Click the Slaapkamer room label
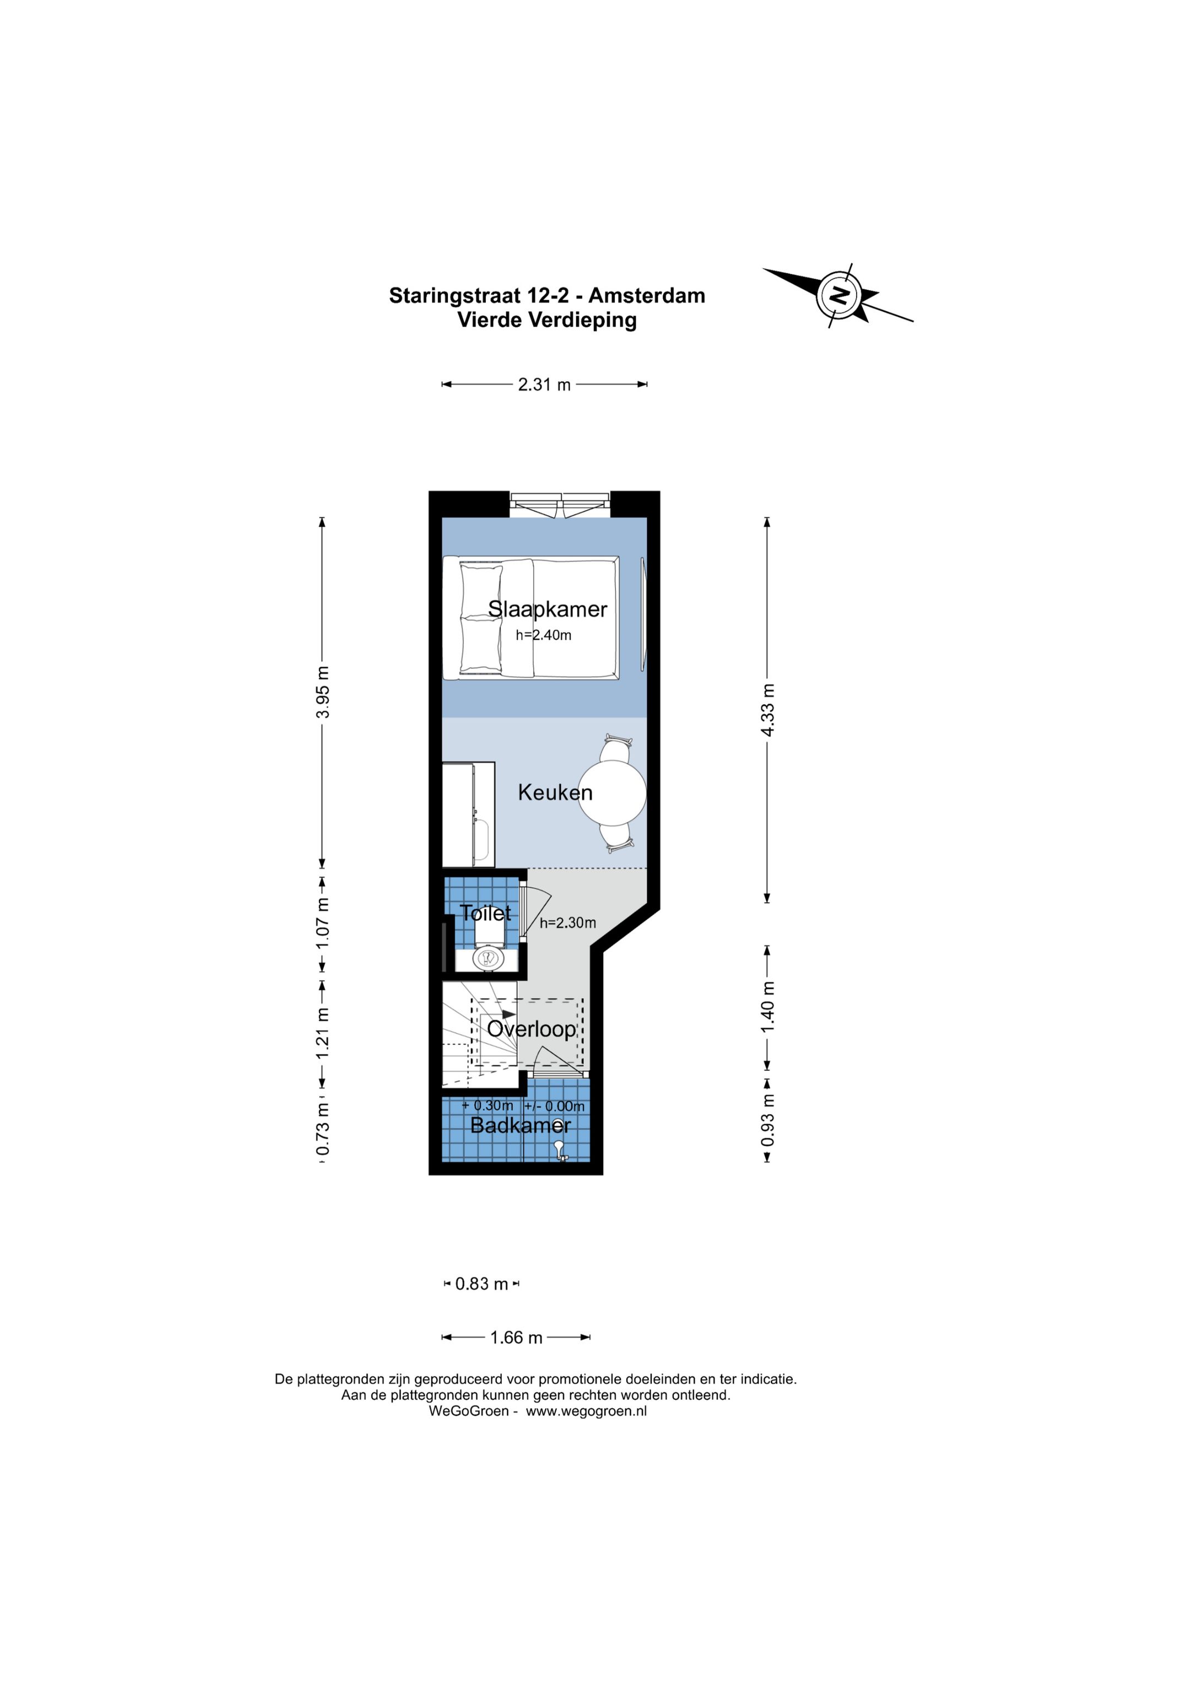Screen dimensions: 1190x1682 tap(548, 609)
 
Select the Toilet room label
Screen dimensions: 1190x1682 tap(485, 913)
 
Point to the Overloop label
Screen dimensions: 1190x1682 tap(531, 1029)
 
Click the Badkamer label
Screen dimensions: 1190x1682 tap(520, 1124)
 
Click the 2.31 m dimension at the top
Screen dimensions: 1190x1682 tap(544, 385)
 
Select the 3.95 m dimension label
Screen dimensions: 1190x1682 tap(322, 693)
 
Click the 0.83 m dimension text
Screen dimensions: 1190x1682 tap(482, 1284)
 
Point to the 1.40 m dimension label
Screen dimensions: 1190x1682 tap(767, 1007)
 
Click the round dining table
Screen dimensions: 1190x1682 tap(612, 792)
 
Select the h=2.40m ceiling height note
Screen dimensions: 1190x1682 tap(543, 635)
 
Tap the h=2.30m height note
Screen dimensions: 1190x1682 tap(568, 923)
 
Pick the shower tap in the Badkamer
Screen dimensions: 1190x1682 tap(560, 1151)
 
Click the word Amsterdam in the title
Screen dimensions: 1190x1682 tap(647, 295)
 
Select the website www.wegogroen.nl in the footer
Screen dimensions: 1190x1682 tap(586, 1411)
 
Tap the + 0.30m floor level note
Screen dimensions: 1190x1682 tap(487, 1106)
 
